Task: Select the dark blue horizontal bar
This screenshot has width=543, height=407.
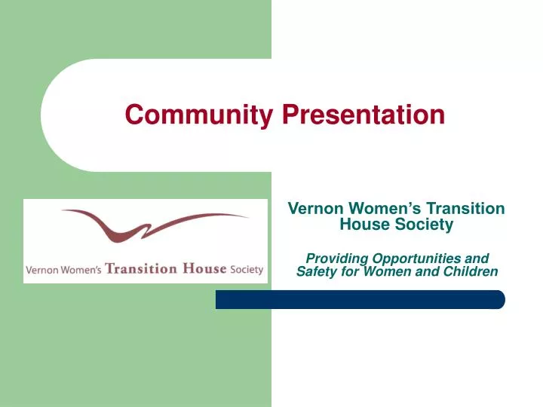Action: (x=360, y=299)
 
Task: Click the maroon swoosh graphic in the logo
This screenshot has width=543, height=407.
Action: (x=151, y=225)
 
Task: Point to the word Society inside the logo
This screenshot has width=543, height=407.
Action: (x=247, y=270)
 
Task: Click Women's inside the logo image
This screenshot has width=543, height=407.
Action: (x=84, y=270)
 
